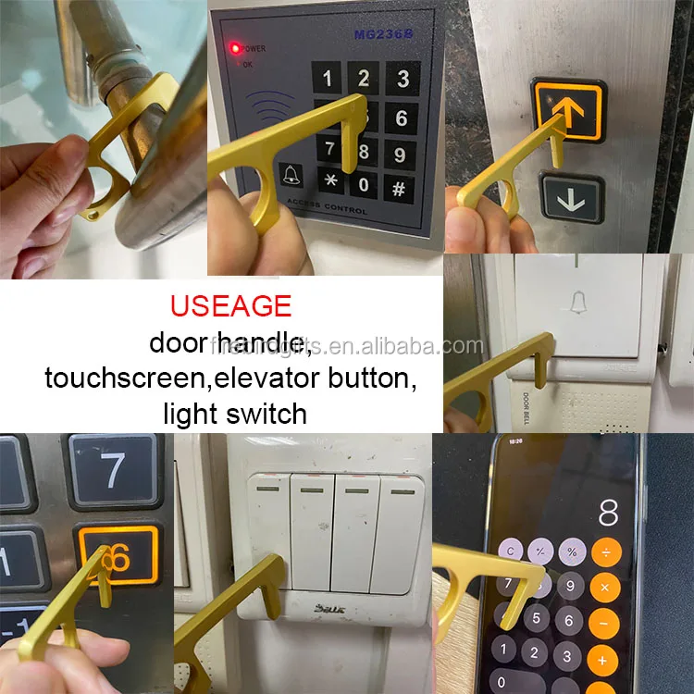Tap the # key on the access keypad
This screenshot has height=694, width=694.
tap(400, 187)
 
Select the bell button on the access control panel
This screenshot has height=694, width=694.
tap(290, 172)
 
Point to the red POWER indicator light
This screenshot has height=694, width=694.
tap(236, 47)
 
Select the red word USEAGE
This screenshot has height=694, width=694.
tap(230, 305)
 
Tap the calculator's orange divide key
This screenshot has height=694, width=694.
tap(606, 552)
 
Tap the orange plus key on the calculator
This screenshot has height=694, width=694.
tap(603, 661)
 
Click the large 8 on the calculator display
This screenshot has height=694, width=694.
tap(608, 511)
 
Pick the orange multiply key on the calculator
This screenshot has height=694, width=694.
tap(605, 588)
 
